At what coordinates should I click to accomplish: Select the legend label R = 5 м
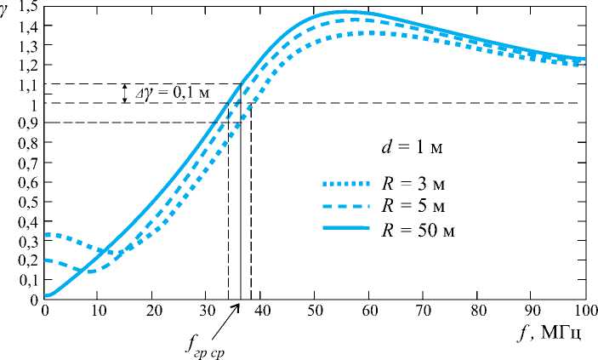(x=416, y=206)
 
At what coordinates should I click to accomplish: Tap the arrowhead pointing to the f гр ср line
(x=237, y=306)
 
